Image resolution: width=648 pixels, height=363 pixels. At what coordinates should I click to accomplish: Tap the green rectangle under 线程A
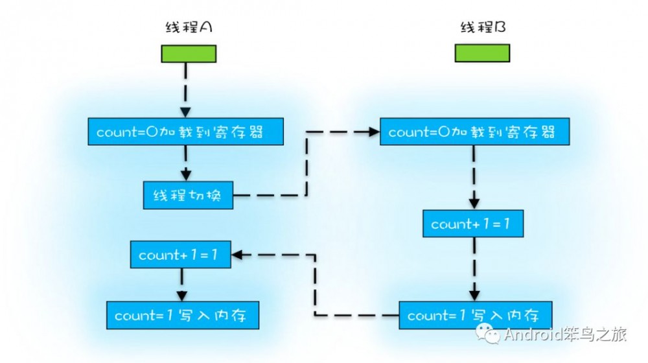[x=188, y=54]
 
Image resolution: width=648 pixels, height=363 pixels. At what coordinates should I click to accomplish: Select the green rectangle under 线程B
[x=482, y=53]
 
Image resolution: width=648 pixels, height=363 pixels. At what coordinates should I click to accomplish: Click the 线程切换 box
[x=188, y=195]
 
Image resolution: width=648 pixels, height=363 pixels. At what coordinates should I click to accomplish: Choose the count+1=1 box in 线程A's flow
[x=181, y=255]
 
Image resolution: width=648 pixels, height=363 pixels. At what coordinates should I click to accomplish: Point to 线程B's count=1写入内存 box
[x=475, y=316]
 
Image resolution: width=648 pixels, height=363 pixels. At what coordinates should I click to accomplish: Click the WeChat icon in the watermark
[x=489, y=334]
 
